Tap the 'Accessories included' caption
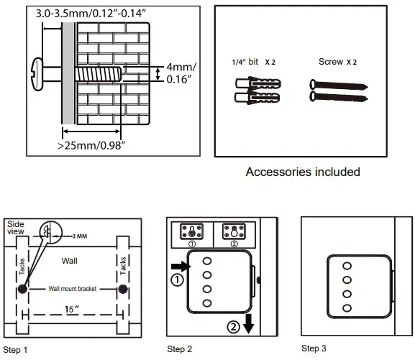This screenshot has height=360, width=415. pos(303,172)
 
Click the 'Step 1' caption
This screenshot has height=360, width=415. pos(16,350)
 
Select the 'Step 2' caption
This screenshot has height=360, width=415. pos(180,349)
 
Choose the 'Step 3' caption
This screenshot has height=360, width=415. pos(314,349)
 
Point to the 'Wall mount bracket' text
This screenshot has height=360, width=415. pos(73,289)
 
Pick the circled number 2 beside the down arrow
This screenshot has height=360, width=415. pos(233,327)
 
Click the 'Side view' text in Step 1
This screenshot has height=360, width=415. pos(16,229)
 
